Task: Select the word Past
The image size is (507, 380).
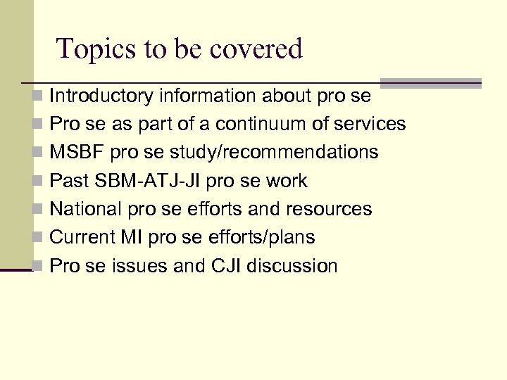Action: pyautogui.click(x=69, y=181)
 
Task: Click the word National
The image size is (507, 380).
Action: pyautogui.click(x=87, y=209)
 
